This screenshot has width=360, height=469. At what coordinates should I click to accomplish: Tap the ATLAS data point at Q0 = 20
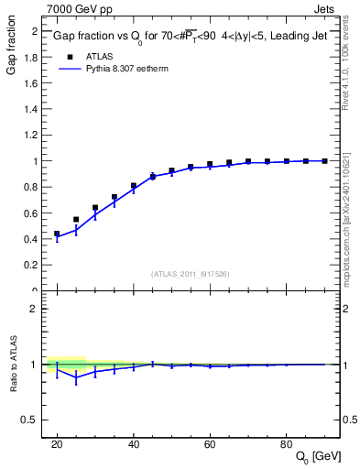click(57, 234)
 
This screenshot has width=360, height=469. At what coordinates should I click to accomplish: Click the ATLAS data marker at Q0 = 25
click(76, 220)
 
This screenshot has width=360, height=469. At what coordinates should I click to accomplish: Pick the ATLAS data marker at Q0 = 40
click(134, 186)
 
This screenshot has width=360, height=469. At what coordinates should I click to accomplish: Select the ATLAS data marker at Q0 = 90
click(324, 161)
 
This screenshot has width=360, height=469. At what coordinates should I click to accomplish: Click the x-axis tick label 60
click(210, 443)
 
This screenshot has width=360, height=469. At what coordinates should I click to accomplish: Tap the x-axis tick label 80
click(286, 443)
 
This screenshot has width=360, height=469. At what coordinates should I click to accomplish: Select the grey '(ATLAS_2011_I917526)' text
click(191, 273)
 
